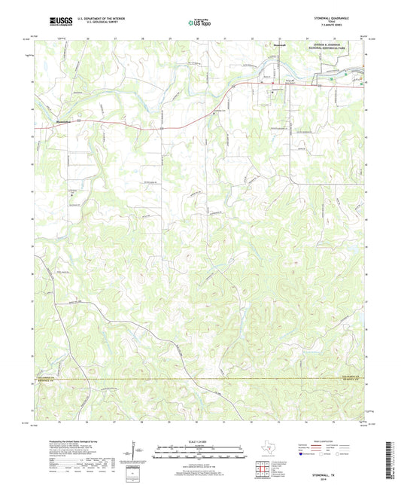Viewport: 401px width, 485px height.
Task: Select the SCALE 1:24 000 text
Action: click(x=199, y=441)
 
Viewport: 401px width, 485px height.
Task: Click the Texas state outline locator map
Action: click(x=266, y=450)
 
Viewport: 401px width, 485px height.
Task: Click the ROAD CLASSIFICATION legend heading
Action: click(x=336, y=441)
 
